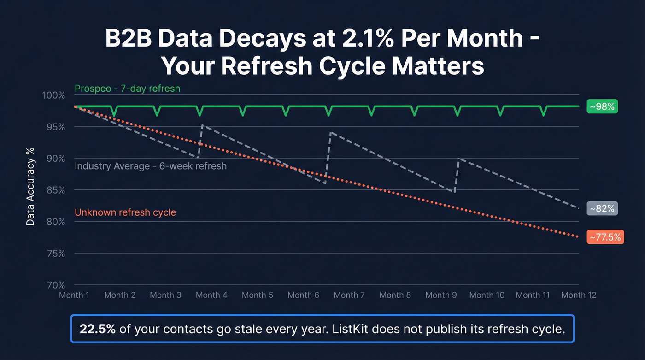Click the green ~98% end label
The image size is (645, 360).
pyautogui.click(x=602, y=106)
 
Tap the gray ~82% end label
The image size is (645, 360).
pyautogui.click(x=602, y=208)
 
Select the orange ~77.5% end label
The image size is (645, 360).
pyautogui.click(x=605, y=237)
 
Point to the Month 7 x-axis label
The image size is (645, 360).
pyautogui.click(x=349, y=295)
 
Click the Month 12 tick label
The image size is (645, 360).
pyautogui.click(x=579, y=295)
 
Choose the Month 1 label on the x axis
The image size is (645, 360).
pyautogui.click(x=74, y=295)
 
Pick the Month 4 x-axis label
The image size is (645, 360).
pyautogui.click(x=211, y=295)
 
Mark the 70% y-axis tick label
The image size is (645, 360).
pyautogui.click(x=56, y=285)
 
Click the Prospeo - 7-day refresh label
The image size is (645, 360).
pyautogui.click(x=127, y=88)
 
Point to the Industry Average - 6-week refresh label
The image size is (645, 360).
pyautogui.click(x=151, y=166)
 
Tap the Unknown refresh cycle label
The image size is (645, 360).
pyautogui.click(x=125, y=212)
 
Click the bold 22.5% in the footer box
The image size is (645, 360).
pyautogui.click(x=98, y=329)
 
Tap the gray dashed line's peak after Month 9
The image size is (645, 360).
pyautogui.click(x=458, y=158)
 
